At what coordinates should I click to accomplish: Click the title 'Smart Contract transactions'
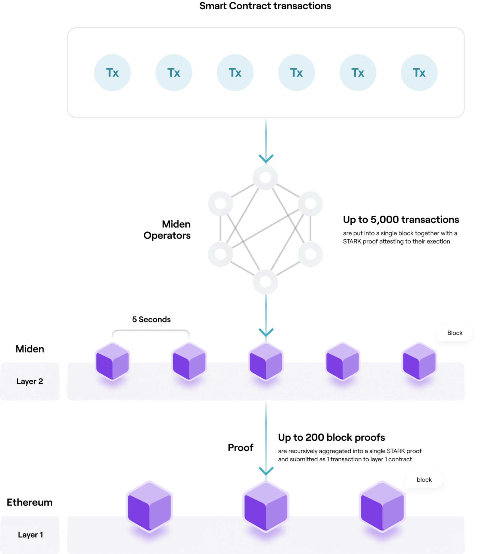(265, 6)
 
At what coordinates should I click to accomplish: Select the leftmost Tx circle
(112, 73)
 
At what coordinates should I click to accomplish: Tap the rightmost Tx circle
(419, 73)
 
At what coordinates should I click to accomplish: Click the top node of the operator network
(265, 177)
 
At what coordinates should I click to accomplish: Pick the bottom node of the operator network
(265, 282)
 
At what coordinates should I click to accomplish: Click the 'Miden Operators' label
(167, 230)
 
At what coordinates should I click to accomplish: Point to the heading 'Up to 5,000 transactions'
(401, 220)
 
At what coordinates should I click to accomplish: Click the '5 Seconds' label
(151, 319)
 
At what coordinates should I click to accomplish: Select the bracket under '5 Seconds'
(151, 331)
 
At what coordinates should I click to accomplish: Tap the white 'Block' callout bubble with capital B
(454, 333)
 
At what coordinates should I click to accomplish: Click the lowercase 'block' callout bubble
(424, 480)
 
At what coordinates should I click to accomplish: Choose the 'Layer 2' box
(30, 381)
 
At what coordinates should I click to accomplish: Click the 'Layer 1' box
(30, 535)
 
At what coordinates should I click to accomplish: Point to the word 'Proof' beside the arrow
(241, 448)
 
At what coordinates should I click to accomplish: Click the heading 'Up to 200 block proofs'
(331, 437)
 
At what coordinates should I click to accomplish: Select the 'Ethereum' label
(29, 502)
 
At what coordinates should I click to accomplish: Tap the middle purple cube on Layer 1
(266, 506)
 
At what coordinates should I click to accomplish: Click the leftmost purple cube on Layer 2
(112, 361)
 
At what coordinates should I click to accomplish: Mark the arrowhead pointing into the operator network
(266, 158)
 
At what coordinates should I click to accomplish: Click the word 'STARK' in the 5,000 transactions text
(352, 241)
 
